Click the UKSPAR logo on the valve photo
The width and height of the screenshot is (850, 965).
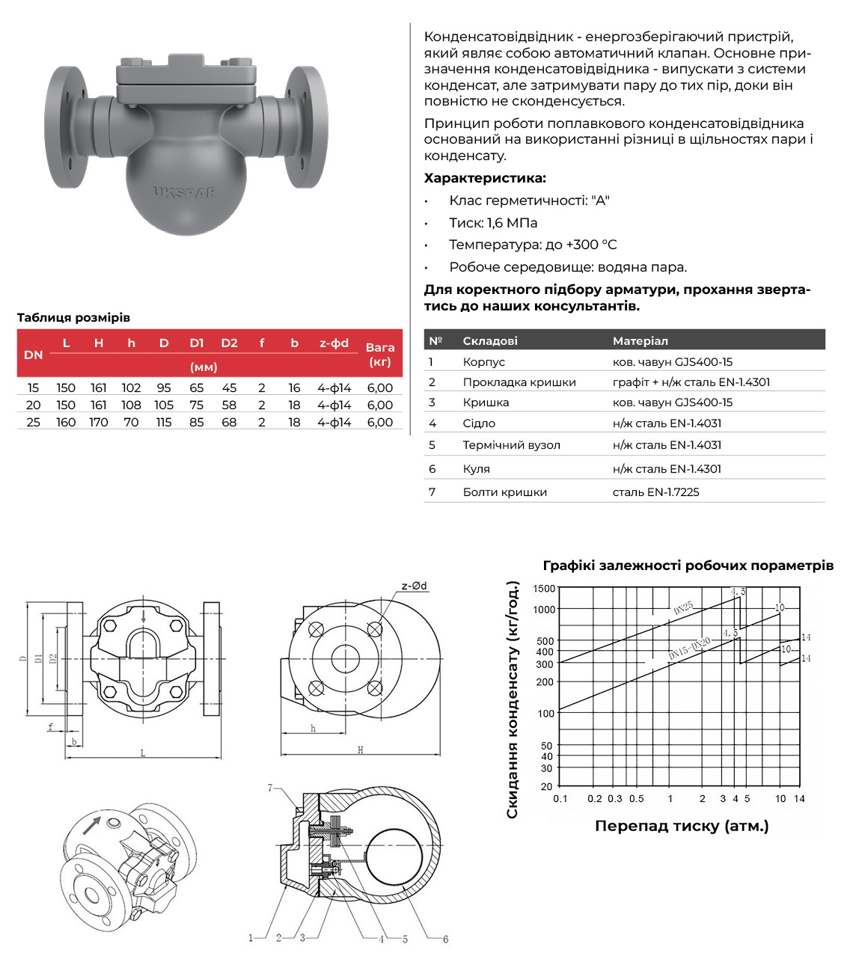184,192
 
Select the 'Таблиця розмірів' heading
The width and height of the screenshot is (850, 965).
73,318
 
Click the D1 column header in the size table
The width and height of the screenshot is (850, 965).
196,343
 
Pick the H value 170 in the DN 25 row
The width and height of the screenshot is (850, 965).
98,423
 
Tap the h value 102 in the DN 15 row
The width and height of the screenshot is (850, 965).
131,388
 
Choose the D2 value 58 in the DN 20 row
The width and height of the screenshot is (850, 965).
229,405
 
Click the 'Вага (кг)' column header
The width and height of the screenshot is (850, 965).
380,354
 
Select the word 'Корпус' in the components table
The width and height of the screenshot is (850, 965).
483,362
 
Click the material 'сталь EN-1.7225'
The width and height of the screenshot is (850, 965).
655,492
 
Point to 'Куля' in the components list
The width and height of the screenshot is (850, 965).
476,469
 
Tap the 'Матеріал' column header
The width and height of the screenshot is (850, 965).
640,341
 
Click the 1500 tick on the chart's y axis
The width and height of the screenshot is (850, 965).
544,589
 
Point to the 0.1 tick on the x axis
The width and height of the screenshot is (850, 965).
560,799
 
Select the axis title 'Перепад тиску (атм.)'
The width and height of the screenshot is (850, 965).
682,827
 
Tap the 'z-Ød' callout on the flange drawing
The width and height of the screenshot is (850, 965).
414,586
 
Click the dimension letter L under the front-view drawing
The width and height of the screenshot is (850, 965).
143,753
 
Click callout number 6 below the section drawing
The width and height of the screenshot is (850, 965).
445,940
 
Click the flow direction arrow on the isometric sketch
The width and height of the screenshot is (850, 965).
91,825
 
